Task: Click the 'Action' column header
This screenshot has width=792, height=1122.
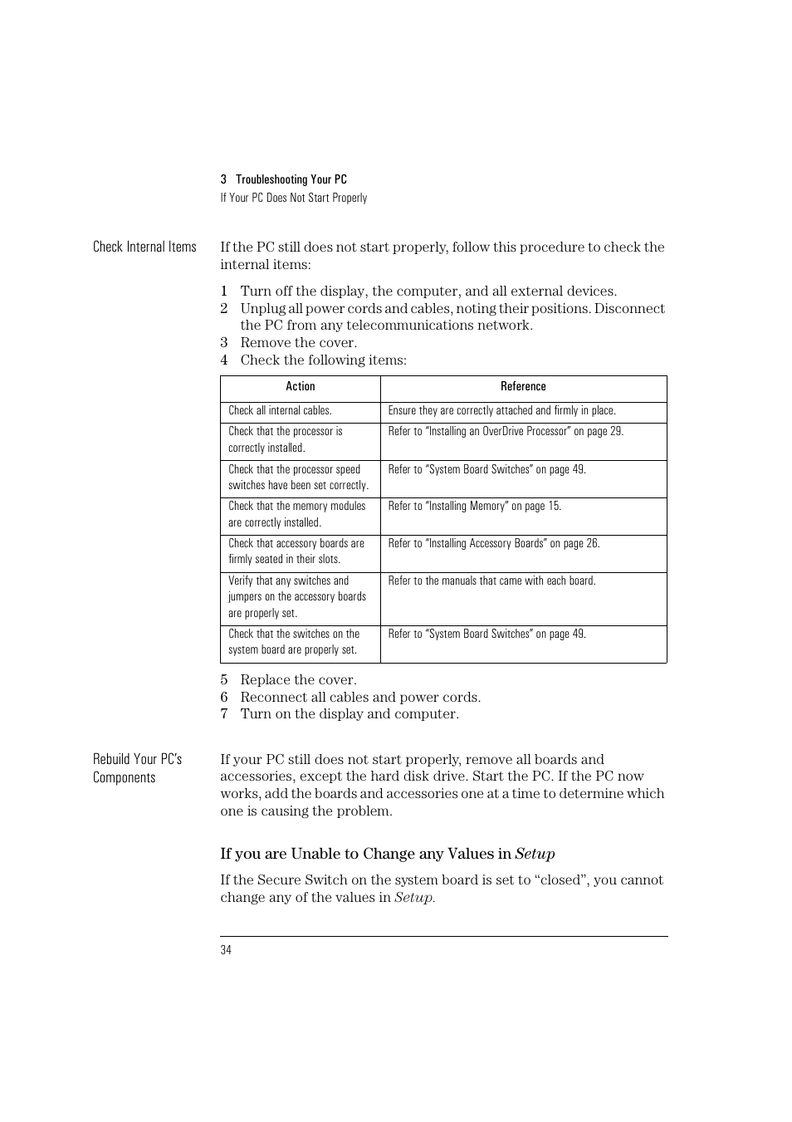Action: (300, 386)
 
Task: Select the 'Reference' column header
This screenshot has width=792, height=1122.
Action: (523, 386)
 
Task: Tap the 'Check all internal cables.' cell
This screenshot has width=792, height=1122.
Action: (280, 410)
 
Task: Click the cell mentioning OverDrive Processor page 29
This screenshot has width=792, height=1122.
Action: (506, 431)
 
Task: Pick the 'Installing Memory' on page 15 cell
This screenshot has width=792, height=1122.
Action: (474, 506)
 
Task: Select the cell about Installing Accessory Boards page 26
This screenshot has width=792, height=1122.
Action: (493, 543)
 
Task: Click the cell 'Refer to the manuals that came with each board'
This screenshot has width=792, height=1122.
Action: (491, 581)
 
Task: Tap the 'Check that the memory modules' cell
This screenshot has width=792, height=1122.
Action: (296, 514)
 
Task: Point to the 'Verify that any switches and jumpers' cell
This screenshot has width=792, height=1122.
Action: (296, 596)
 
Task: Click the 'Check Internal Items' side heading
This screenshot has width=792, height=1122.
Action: (144, 247)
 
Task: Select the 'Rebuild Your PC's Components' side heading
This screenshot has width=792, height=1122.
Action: (137, 767)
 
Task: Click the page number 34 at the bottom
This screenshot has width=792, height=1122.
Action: (226, 950)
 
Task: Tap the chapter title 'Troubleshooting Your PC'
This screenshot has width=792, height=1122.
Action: (291, 179)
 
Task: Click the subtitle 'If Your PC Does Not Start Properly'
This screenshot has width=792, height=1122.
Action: (293, 198)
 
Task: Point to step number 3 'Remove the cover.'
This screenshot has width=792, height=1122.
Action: (298, 342)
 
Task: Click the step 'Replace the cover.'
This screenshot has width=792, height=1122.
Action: (298, 679)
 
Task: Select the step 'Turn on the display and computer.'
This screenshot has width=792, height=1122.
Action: (349, 713)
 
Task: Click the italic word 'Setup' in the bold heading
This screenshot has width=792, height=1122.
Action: (535, 854)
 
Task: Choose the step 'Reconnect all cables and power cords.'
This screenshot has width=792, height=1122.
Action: (360, 697)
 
